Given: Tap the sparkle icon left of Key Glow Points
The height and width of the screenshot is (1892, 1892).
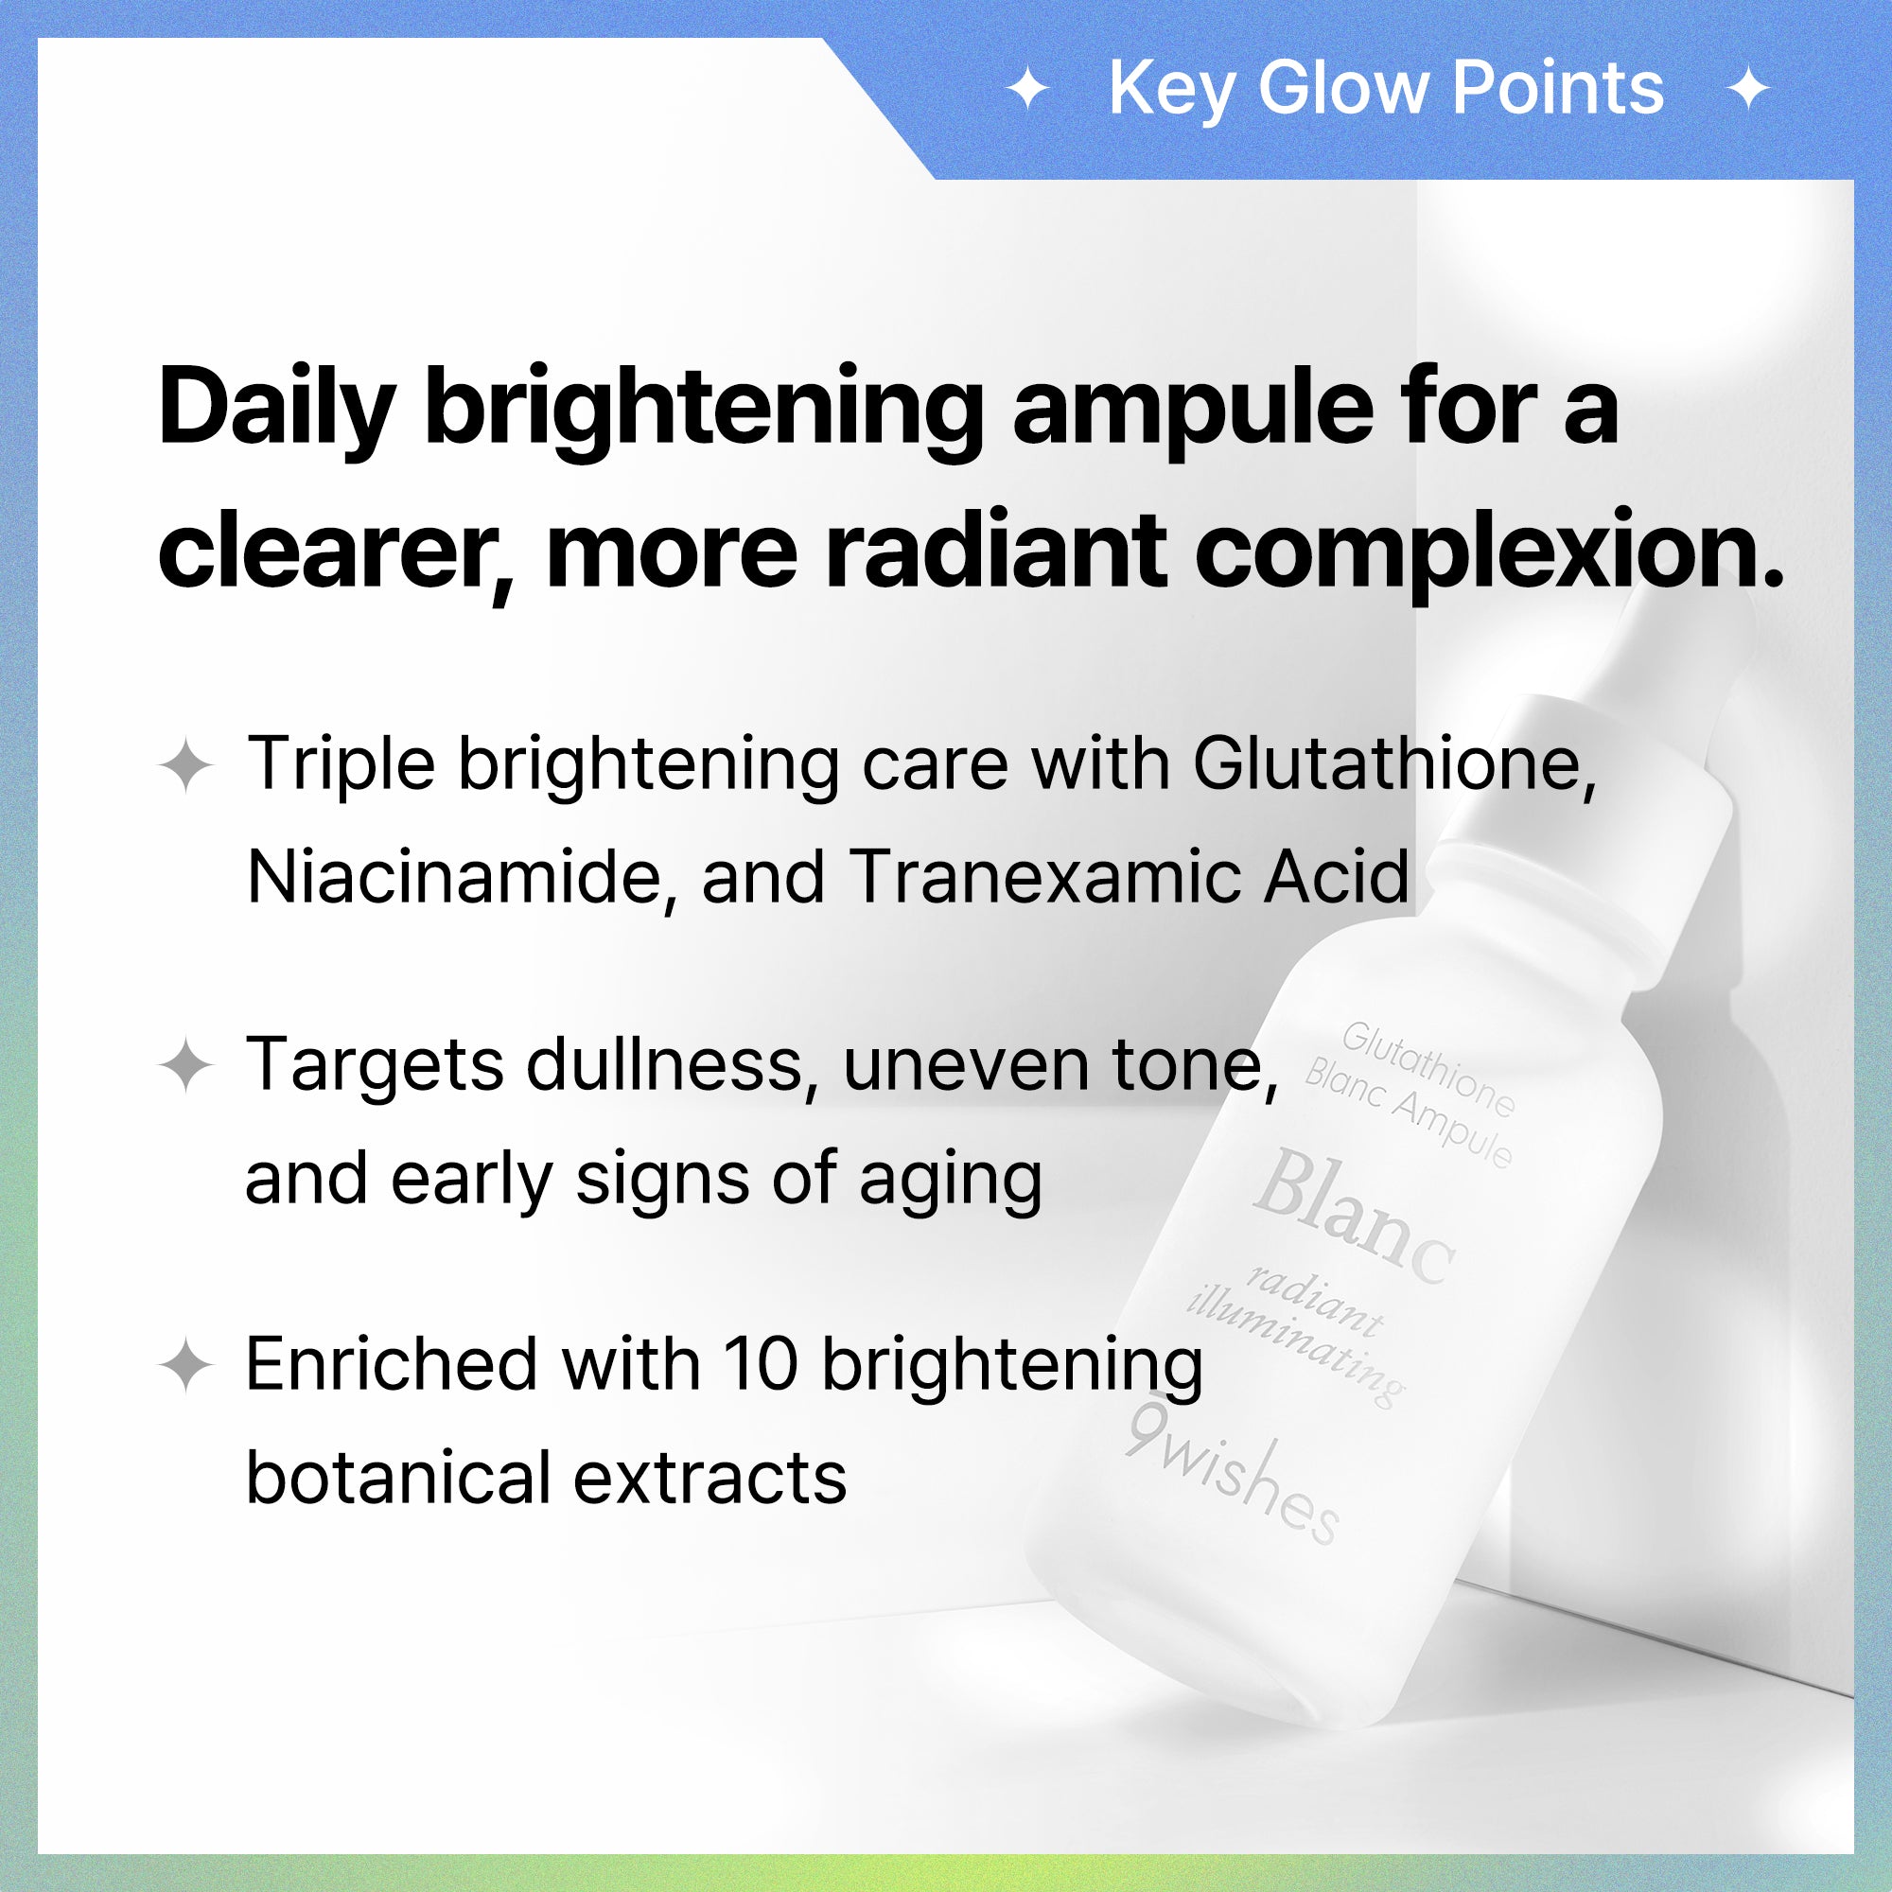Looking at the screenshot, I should click(x=1028, y=90).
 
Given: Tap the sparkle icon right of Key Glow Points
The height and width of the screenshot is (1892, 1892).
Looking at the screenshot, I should click(x=1749, y=90).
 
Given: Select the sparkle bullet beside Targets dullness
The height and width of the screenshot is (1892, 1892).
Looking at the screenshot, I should click(x=186, y=1065).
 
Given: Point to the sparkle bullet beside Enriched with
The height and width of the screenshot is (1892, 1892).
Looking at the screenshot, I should click(x=186, y=1366).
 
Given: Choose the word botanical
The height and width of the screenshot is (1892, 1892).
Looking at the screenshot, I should click(x=395, y=1478).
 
